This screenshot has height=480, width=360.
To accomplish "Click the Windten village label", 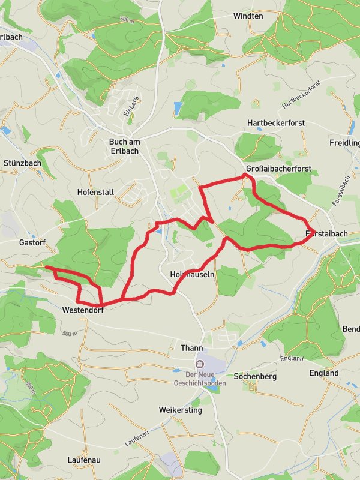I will coord(248,16).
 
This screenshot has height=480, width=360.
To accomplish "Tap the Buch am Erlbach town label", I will coord(124,146).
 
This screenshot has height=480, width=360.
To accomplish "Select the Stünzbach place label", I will coord(22,163).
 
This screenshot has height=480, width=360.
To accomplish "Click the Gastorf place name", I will coord(32,242).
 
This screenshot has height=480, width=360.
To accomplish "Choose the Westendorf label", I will coord(83,311).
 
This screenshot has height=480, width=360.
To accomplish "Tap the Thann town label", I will coord(192,348).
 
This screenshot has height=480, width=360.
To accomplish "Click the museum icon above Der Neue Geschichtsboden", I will coord(198,363).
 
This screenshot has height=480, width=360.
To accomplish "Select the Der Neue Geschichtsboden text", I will coord(198,377).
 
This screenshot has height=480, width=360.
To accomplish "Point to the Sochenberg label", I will coord(254,377).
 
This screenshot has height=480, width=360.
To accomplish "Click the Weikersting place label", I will coord(181,410).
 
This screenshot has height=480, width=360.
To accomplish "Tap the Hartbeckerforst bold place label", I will coord(276,123).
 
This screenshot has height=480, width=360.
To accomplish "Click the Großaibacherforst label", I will coord(278,169).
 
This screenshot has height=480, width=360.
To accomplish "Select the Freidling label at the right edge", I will coord(346,143).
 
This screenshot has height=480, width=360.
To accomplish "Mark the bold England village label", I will coord(324,373).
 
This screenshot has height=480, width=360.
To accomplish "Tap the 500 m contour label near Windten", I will coord(126,20).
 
